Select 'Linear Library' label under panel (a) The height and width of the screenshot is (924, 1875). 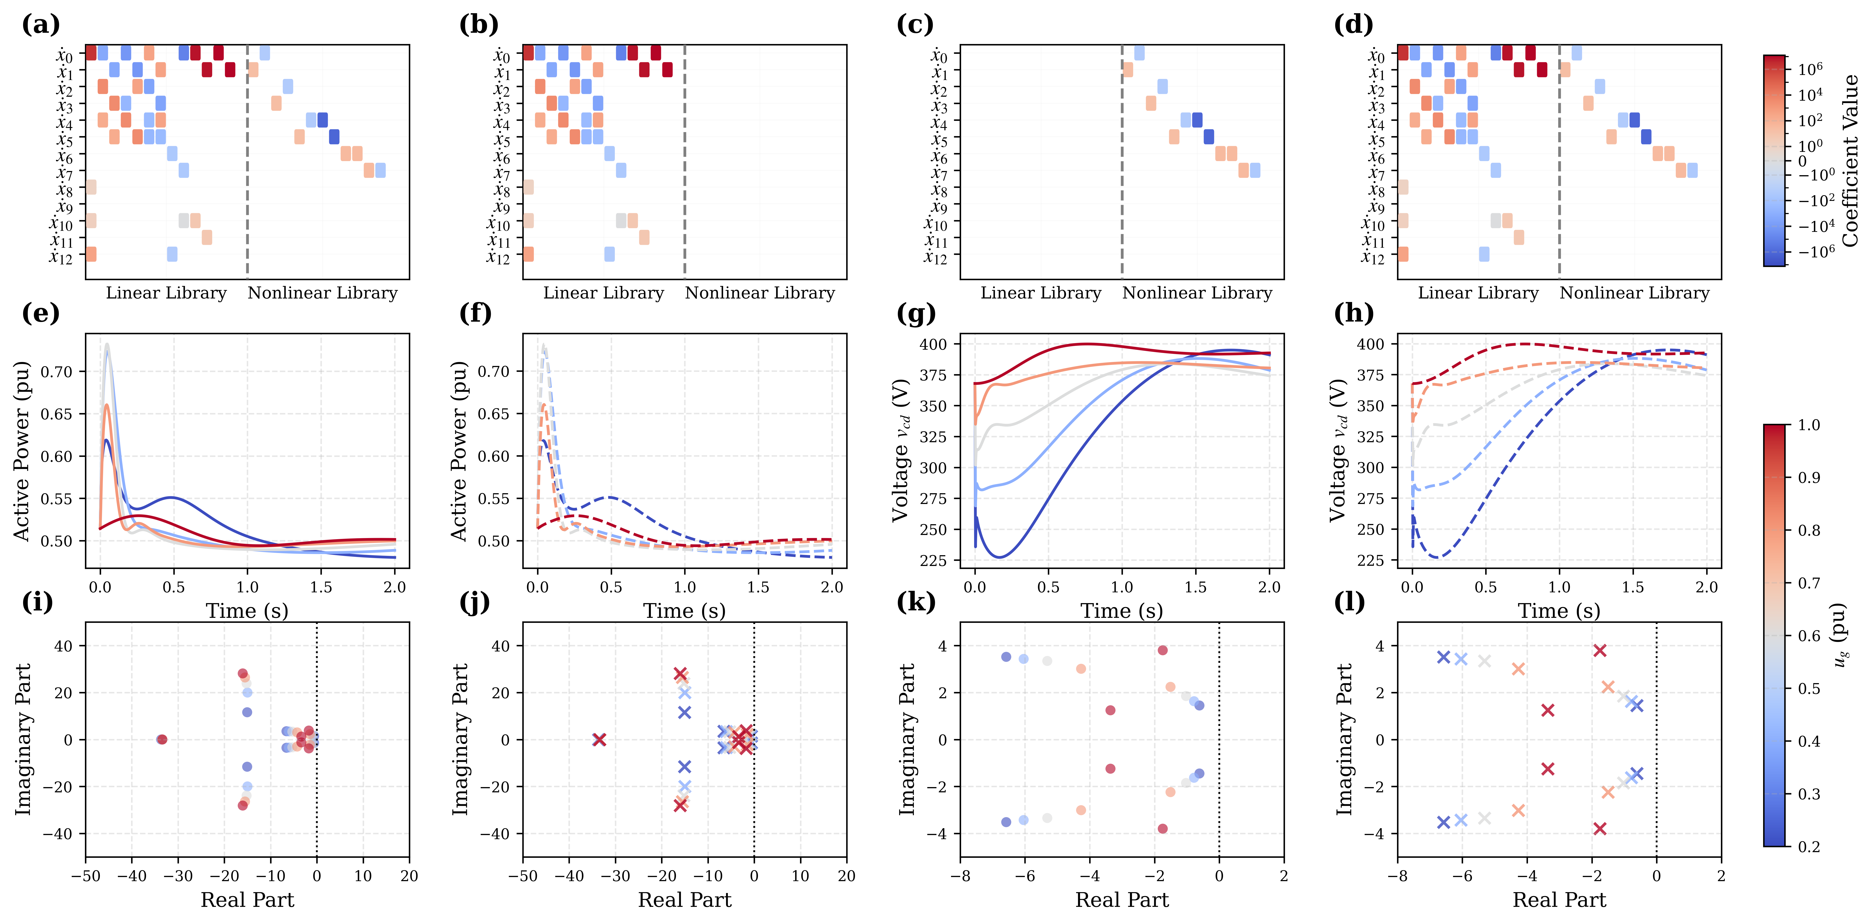click(166, 293)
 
